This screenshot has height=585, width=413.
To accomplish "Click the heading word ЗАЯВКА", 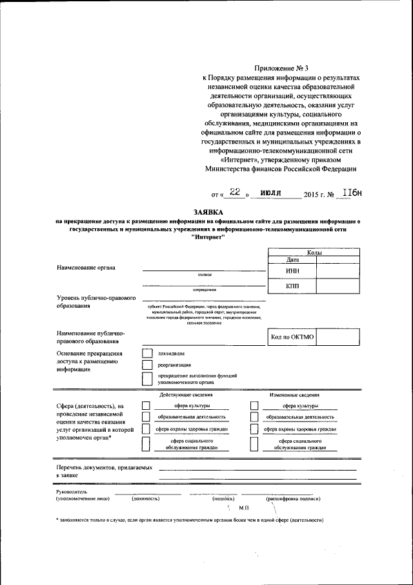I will tap(207, 212).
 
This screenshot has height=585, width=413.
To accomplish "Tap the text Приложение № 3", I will tap(282, 68).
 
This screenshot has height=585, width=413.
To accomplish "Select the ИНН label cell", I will tap(292, 270).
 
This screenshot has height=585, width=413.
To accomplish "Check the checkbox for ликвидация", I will tap(146, 354).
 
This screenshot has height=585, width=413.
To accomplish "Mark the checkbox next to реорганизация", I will tap(146, 365).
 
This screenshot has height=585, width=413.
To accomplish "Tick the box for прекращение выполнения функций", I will tap(146, 379).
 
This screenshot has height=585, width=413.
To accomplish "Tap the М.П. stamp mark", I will tap(252, 509).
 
